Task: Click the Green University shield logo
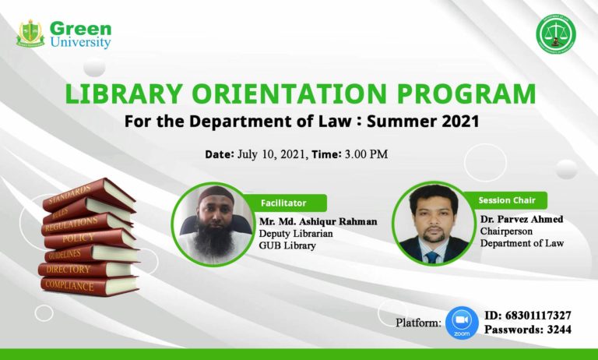pyautogui.click(x=30, y=34)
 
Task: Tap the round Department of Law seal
pyautogui.click(x=558, y=34)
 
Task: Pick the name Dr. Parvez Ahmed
pyautogui.click(x=521, y=219)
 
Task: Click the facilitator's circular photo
pyautogui.click(x=209, y=224)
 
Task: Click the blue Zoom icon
pyautogui.click(x=462, y=323)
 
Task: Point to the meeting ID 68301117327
pyautogui.click(x=538, y=316)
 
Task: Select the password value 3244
pyautogui.click(x=559, y=330)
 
